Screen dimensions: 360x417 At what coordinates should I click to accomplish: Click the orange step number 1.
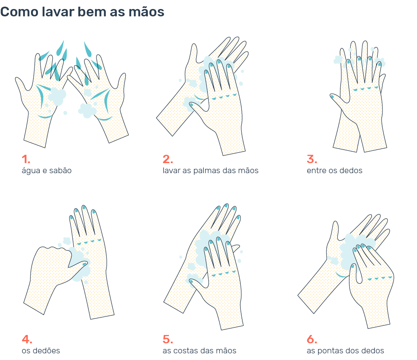point(26,159)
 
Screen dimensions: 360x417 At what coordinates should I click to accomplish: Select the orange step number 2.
point(167,159)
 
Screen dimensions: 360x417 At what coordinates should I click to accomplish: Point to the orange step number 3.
point(312,159)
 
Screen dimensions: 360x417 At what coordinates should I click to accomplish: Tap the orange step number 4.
point(27,339)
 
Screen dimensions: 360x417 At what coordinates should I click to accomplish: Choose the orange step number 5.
point(167,339)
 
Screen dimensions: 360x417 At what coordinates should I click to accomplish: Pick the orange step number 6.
point(312,339)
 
